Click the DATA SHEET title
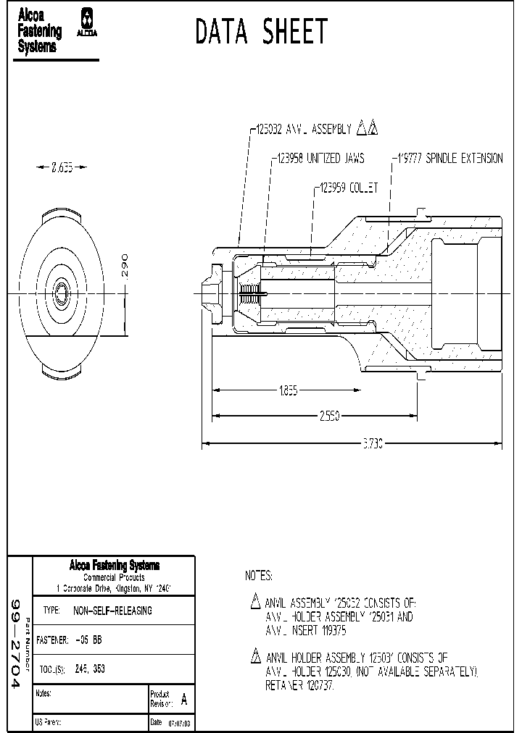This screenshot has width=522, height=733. (262, 33)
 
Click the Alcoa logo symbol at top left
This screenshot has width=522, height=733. (87, 22)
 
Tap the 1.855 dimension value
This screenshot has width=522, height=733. (286, 391)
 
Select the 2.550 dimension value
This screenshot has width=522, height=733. (329, 416)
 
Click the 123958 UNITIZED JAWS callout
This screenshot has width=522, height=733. (319, 158)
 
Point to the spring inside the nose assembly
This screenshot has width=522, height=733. (249, 294)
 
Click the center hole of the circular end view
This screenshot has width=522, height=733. (62, 293)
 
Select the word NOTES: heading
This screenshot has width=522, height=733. (259, 576)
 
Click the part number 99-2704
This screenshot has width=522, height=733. (17, 645)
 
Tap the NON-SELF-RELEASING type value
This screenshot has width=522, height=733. (112, 611)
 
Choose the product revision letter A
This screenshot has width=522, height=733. (183, 700)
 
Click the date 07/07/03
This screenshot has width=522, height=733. (180, 723)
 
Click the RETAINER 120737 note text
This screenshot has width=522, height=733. (299, 685)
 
